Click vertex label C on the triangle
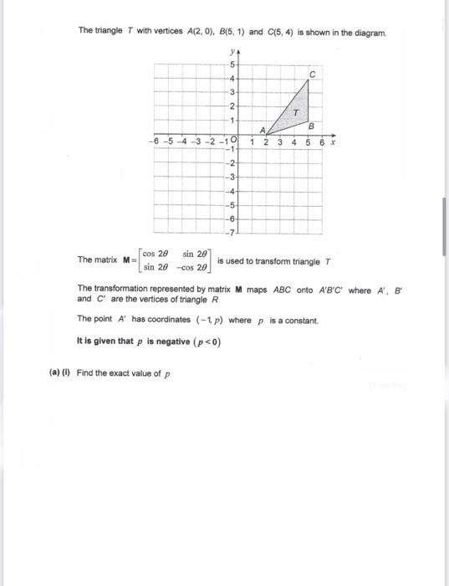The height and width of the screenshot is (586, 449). coord(311,75)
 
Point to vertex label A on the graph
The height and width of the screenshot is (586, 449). coord(262,130)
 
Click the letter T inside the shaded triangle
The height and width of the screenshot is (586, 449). coord(295,112)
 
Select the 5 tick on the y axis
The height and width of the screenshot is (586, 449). coord(232,64)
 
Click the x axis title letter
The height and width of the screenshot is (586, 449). coord(333,143)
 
